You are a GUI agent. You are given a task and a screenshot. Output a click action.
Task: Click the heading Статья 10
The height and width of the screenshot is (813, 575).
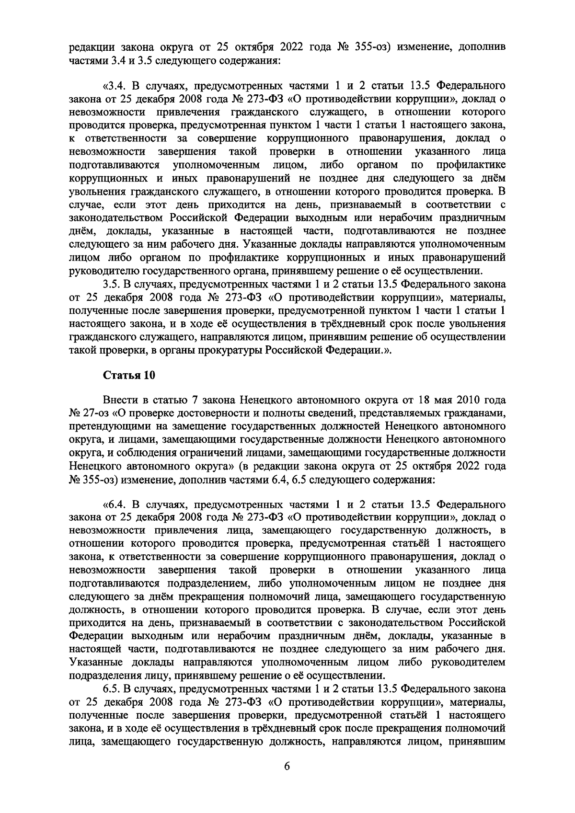pyautogui.click(x=129, y=376)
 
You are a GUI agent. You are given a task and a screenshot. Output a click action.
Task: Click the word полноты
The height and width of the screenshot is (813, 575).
pyautogui.click(x=284, y=413)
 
